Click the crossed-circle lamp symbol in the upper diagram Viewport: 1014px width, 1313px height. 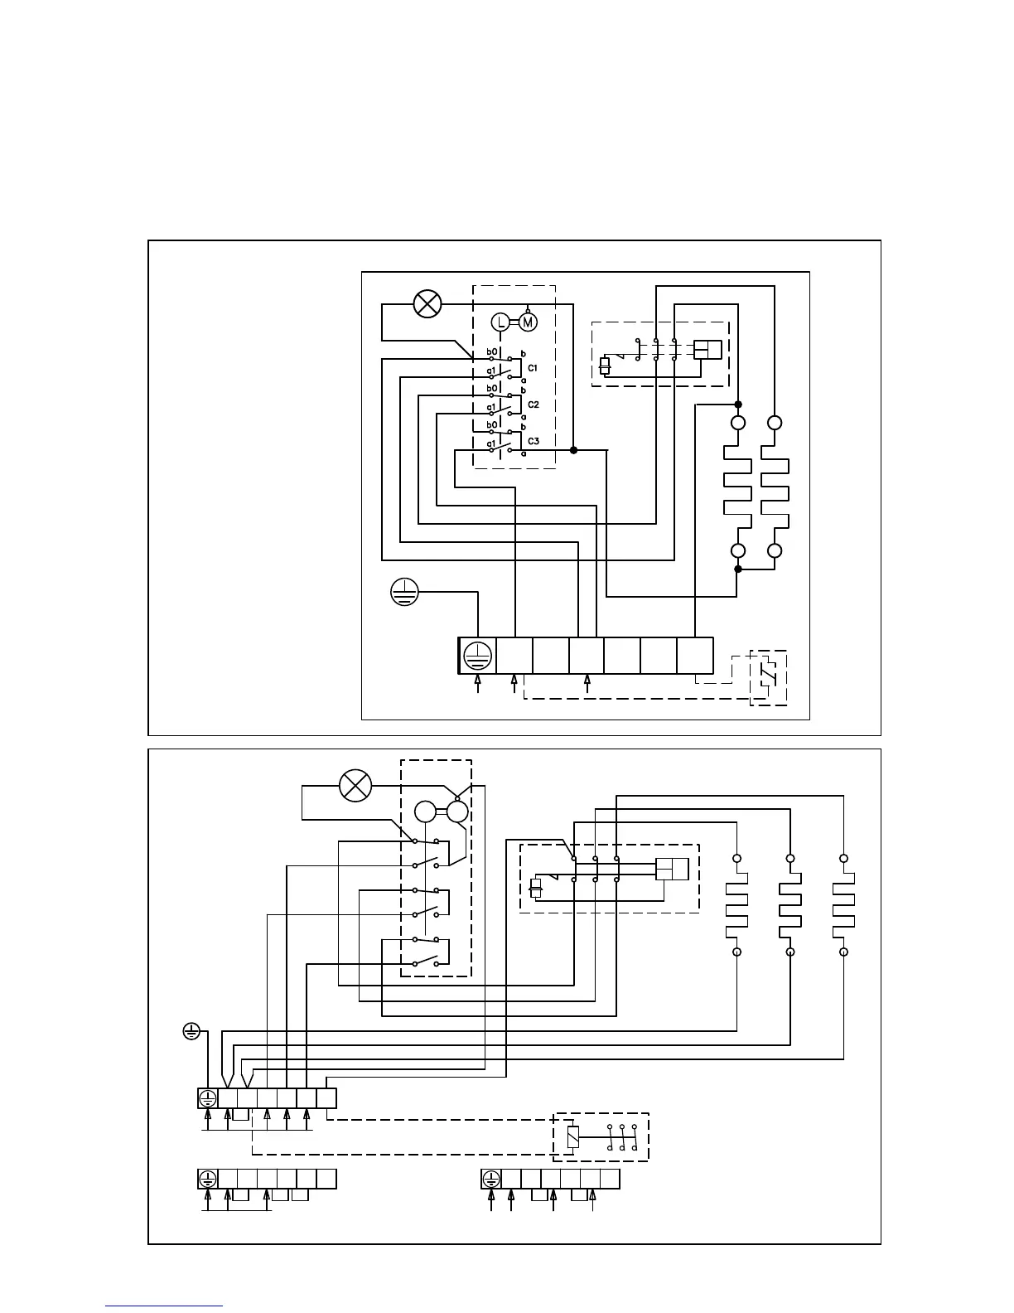pyautogui.click(x=427, y=304)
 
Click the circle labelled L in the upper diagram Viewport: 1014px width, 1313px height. pyautogui.click(x=500, y=322)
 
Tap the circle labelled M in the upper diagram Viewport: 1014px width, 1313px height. pyautogui.click(x=528, y=322)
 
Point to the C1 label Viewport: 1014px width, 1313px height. pyautogui.click(x=533, y=367)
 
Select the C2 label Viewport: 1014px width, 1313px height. pyautogui.click(x=533, y=405)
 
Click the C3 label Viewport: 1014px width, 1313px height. pyautogui.click(x=533, y=441)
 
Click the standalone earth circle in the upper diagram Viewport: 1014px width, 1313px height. pyautogui.click(x=404, y=592)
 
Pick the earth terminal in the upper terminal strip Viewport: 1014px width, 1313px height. pyautogui.click(x=477, y=656)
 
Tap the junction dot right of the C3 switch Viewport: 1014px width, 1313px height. pyautogui.click(x=573, y=450)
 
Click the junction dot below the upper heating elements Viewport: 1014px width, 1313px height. pyautogui.click(x=737, y=569)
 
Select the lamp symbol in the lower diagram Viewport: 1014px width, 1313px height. pyautogui.click(x=356, y=785)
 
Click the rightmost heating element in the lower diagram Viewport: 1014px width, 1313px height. pyautogui.click(x=843, y=905)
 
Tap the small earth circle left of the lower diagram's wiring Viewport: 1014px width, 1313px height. pyautogui.click(x=191, y=1032)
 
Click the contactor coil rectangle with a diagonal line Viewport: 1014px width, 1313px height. pyautogui.click(x=572, y=1136)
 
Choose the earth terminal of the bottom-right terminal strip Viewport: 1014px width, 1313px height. pyautogui.click(x=491, y=1179)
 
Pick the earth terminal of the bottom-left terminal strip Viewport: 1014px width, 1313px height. pyautogui.click(x=207, y=1179)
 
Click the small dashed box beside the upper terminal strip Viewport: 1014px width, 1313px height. pyautogui.click(x=768, y=677)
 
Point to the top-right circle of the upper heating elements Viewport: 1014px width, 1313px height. pyautogui.click(x=775, y=423)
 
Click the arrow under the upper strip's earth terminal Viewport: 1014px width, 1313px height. pyautogui.click(x=477, y=682)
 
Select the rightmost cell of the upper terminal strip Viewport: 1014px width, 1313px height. pyautogui.click(x=695, y=656)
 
